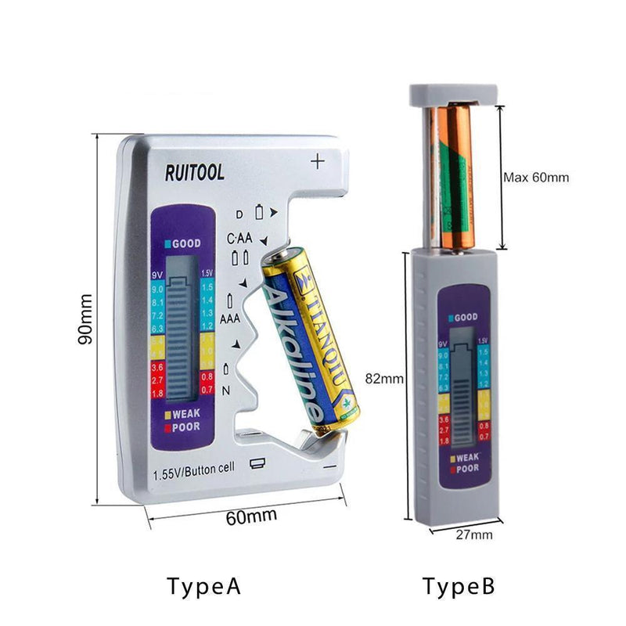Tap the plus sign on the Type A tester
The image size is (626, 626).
click(x=317, y=162)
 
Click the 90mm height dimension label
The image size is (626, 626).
click(x=86, y=319)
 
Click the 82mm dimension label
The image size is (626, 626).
click(x=384, y=378)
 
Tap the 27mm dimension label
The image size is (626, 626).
click(x=474, y=535)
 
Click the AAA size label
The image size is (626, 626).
click(x=229, y=319)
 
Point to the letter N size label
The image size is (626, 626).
click(x=225, y=388)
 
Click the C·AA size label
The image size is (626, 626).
click(x=239, y=238)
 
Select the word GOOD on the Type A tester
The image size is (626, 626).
click(x=186, y=243)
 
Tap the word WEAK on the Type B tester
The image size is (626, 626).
click(x=466, y=457)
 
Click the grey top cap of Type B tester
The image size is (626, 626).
click(x=454, y=95)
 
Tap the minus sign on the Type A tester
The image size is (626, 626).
click(x=329, y=466)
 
